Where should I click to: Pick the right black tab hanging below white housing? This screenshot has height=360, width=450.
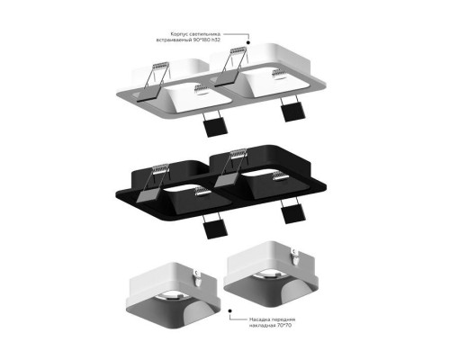[292, 111]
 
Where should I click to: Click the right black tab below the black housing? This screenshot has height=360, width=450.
[292, 213]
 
